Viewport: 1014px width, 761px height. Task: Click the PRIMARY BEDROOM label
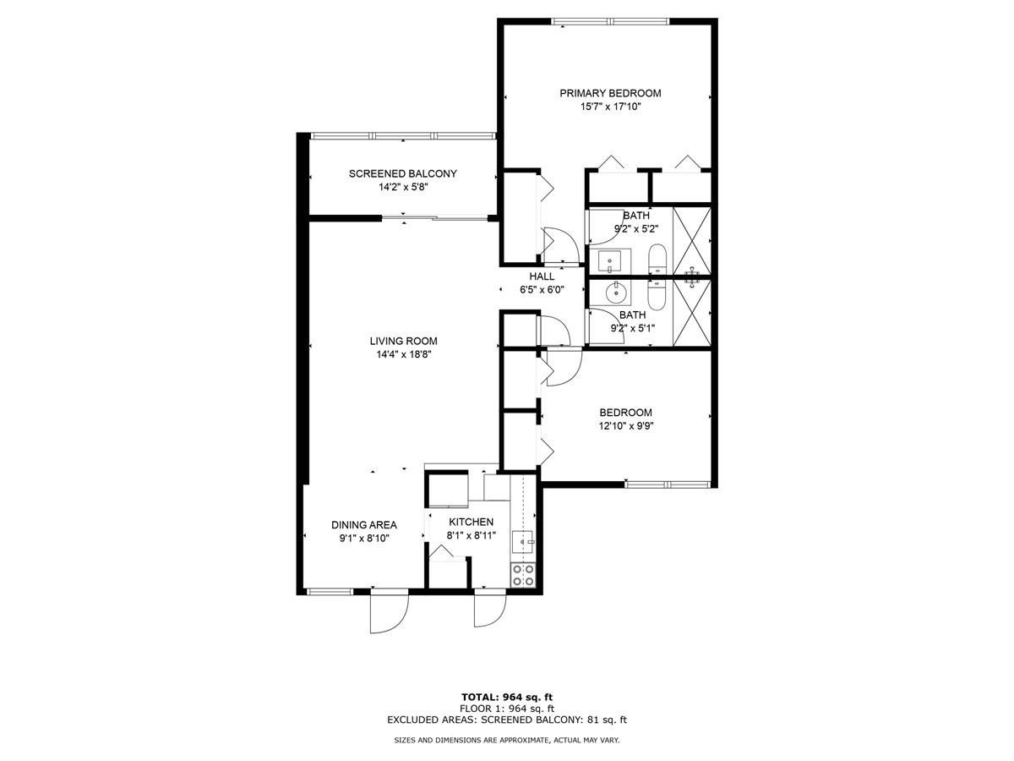(x=610, y=93)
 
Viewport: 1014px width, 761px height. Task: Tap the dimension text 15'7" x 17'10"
(x=611, y=107)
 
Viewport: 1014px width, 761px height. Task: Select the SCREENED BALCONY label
(x=403, y=173)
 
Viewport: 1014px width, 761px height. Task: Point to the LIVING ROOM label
(x=403, y=341)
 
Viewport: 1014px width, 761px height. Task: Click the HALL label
(x=542, y=276)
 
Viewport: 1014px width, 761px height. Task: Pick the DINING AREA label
(x=364, y=525)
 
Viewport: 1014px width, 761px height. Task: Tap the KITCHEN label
(x=472, y=522)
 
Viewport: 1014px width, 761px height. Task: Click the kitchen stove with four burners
(x=523, y=575)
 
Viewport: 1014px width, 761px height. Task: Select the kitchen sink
(x=523, y=542)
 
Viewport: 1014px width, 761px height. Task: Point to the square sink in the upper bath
(x=610, y=262)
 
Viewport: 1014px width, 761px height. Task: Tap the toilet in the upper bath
(x=657, y=260)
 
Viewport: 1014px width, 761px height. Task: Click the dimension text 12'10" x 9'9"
(x=625, y=425)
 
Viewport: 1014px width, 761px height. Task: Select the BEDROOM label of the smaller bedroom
(x=625, y=412)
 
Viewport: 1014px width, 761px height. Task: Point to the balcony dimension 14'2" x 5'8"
(x=403, y=187)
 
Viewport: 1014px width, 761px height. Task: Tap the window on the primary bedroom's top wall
(x=610, y=21)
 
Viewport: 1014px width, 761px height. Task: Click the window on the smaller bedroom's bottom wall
(x=667, y=485)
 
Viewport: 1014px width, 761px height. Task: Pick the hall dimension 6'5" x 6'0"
(x=542, y=290)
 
